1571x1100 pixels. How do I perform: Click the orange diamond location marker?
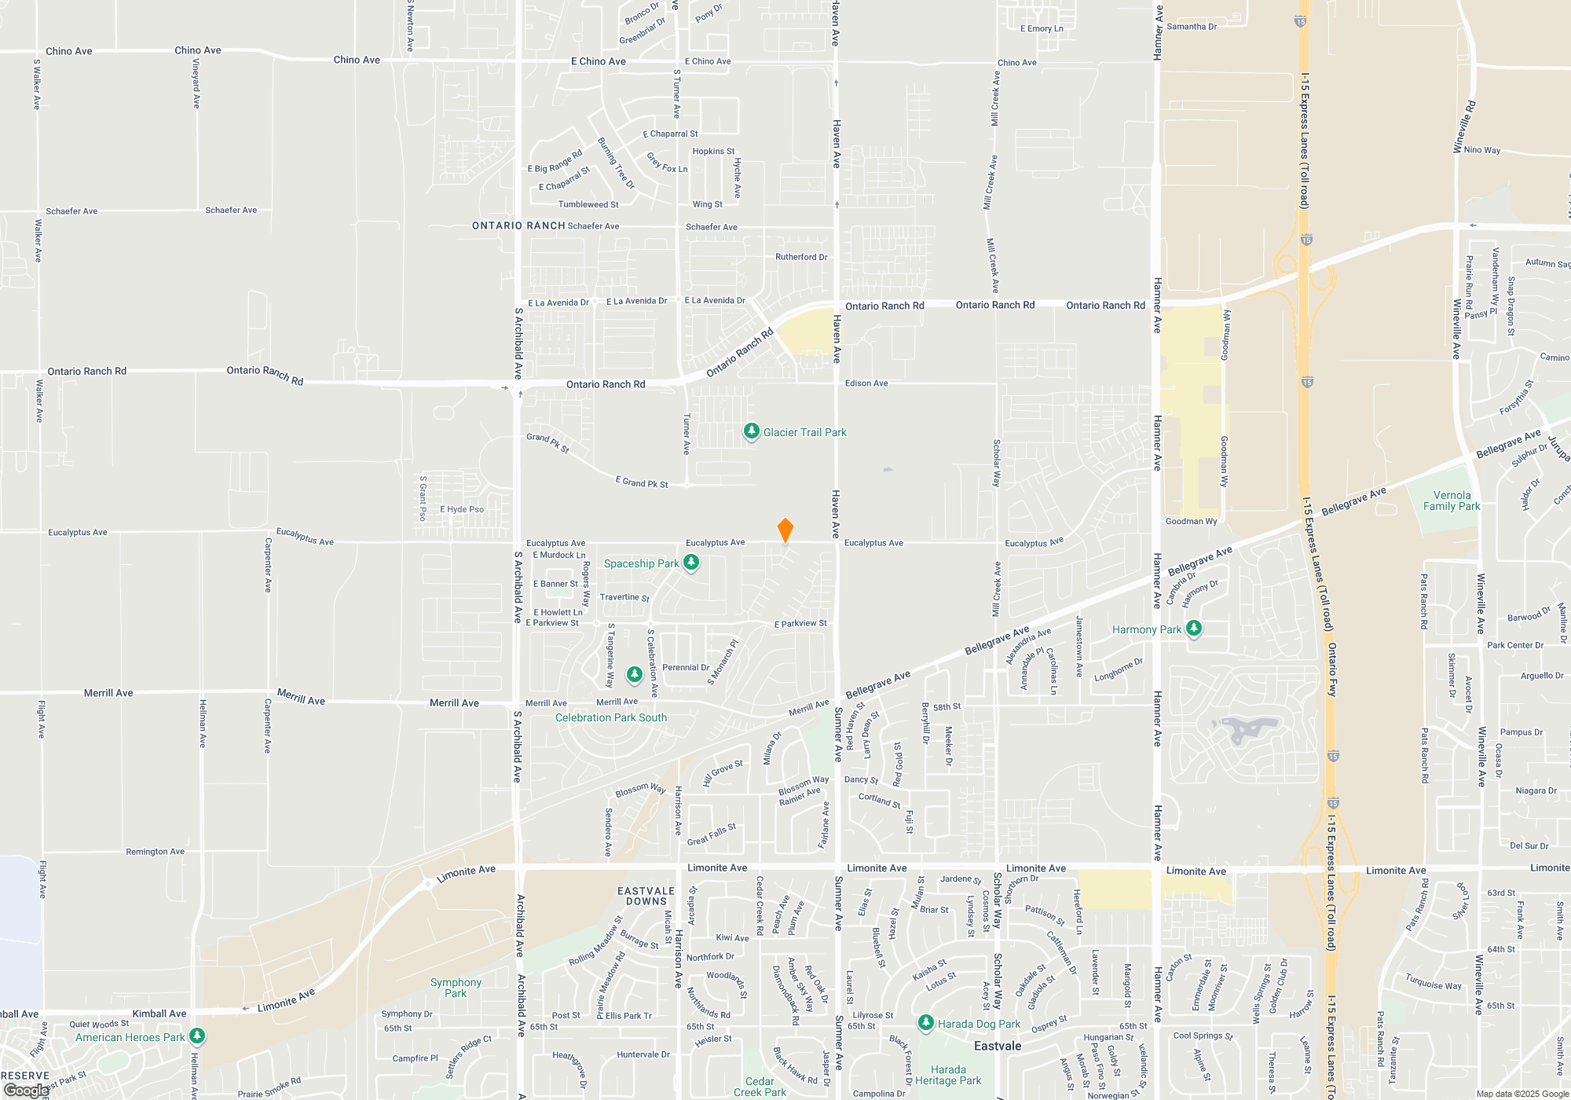pos(785,530)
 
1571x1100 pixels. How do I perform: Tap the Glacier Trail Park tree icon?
pos(752,431)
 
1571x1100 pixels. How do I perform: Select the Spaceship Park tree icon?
pos(691,562)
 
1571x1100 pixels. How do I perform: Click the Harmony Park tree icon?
pos(1194,628)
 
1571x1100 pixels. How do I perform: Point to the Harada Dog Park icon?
pos(926,1022)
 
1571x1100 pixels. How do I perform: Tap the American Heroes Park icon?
pos(197,1036)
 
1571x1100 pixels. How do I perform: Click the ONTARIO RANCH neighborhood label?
pos(518,225)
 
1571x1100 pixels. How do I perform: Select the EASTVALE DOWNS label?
pos(646,896)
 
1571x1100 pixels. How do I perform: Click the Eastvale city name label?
pos(998,1046)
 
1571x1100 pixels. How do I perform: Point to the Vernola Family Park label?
pos(1452,500)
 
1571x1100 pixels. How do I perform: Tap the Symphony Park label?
pos(456,988)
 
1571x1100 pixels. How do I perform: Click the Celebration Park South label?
pos(611,717)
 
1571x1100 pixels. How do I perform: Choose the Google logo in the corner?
pos(26,1091)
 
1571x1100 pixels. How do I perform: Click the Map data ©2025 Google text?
pos(1522,1094)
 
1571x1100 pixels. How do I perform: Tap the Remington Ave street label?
pos(155,852)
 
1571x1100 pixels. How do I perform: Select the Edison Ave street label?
pos(866,383)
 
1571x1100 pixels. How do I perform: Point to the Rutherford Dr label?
pos(801,257)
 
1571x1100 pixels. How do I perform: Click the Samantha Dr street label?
pos(1192,27)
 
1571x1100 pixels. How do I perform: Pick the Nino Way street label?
pos(1482,150)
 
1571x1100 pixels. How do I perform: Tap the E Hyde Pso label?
pos(462,509)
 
